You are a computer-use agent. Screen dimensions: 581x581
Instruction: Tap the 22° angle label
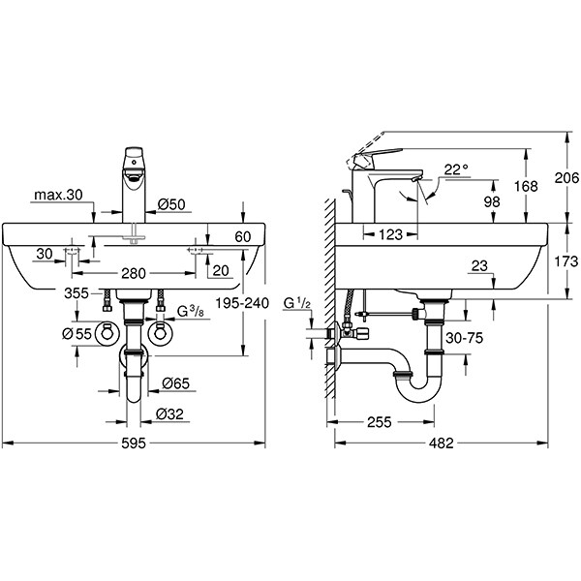[x=455, y=169]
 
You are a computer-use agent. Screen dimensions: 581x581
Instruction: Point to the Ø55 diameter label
[x=77, y=333]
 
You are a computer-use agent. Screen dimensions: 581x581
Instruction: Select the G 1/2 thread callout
[x=297, y=306]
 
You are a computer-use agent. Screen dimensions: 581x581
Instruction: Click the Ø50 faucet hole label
[x=172, y=203]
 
